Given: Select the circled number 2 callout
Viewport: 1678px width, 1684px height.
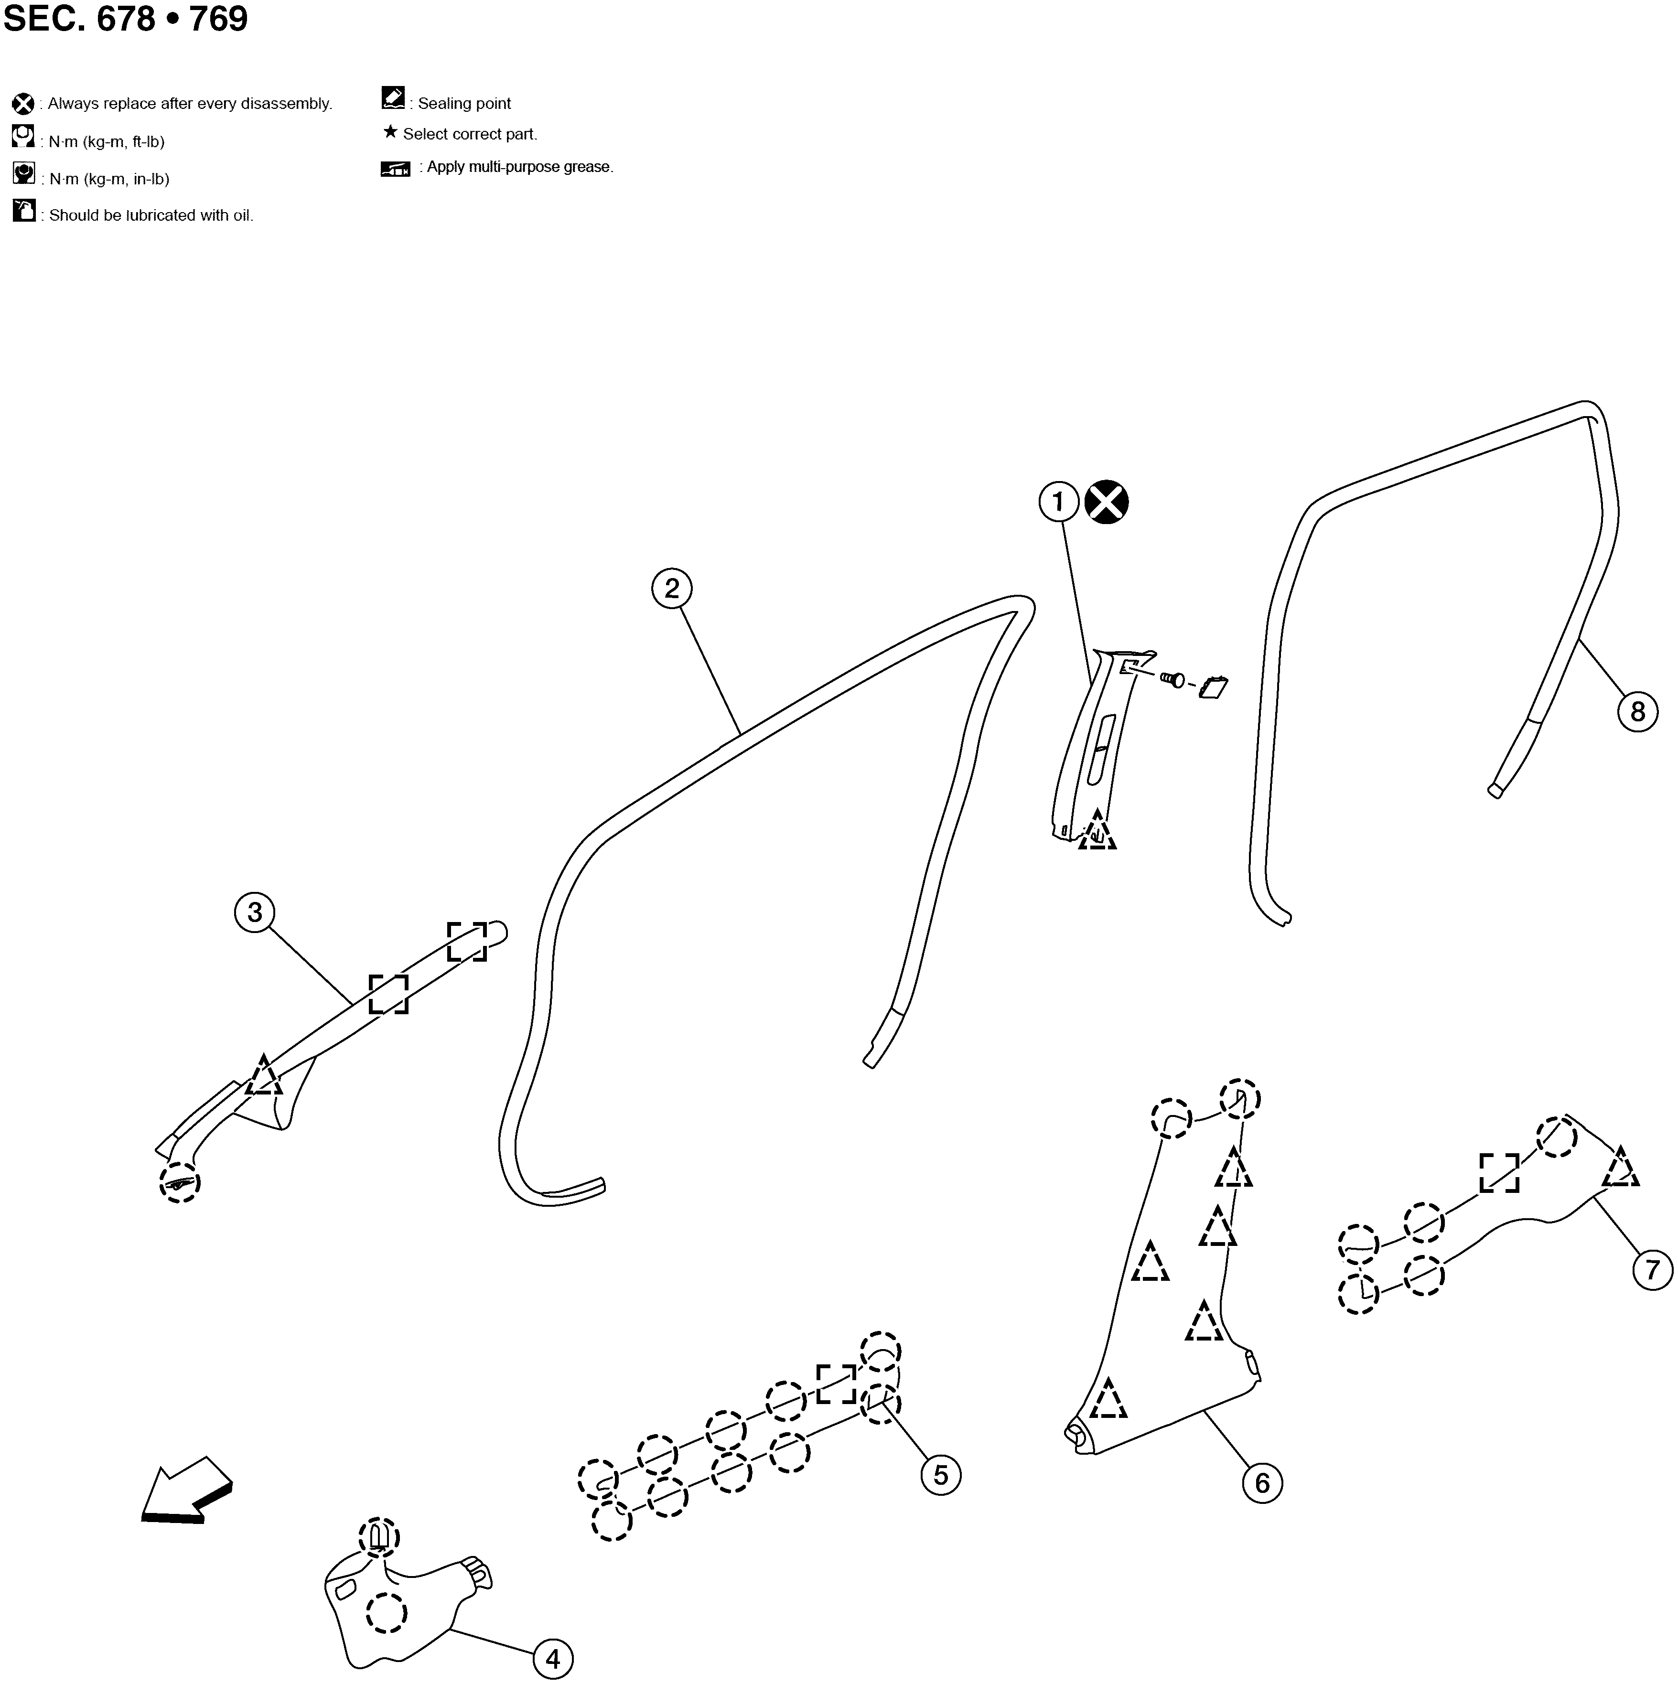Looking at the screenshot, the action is (671, 589).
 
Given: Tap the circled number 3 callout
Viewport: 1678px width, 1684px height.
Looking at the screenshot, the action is (255, 912).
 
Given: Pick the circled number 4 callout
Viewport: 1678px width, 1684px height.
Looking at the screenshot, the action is (553, 1659).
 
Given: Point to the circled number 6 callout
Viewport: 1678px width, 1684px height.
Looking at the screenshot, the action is (1262, 1483).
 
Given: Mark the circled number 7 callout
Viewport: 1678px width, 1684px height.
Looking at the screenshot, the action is (1652, 1270).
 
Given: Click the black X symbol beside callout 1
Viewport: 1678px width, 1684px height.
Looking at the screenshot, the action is (1106, 502).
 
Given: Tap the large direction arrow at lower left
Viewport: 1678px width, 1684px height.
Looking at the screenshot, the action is (186, 1491).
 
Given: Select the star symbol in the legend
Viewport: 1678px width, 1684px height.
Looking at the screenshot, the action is (390, 132).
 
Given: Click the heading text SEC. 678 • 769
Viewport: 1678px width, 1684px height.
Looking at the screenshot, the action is (126, 18).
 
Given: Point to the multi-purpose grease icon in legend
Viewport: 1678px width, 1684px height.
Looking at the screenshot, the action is (396, 168).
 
